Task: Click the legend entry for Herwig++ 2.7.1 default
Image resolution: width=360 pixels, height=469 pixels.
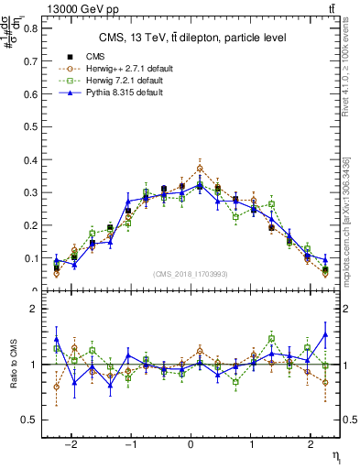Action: (x=119, y=69)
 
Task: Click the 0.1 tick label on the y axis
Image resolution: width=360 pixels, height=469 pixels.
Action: (x=29, y=259)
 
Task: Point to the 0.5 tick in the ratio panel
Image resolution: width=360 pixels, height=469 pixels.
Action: (x=27, y=420)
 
